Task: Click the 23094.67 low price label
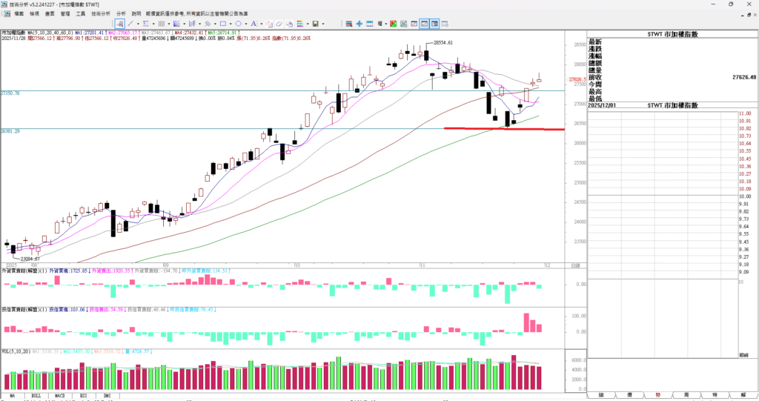click(30, 259)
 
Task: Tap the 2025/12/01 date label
click(607, 106)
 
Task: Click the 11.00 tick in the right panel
click(745, 113)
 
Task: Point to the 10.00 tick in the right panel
click(745, 196)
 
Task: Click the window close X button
click(751, 4)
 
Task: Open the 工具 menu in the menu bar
click(81, 13)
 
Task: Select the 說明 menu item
click(136, 13)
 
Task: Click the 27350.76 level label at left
click(11, 93)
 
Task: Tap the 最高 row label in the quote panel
click(595, 91)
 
